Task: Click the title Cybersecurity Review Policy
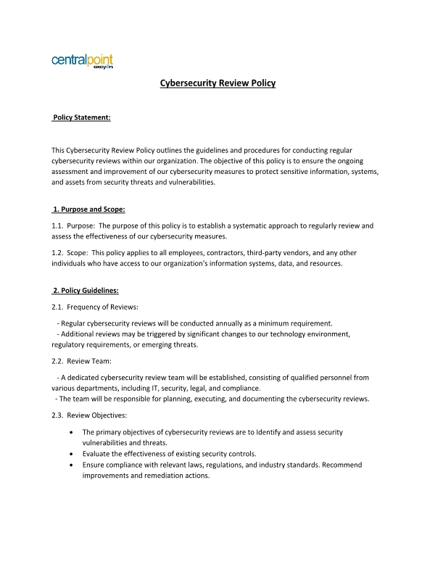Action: [217, 83]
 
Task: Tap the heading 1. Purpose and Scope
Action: [89, 210]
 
